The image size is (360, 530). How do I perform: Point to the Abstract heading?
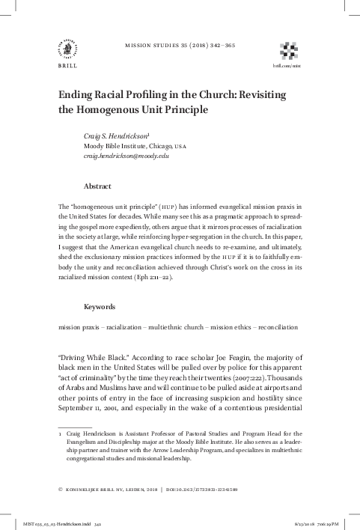98,185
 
